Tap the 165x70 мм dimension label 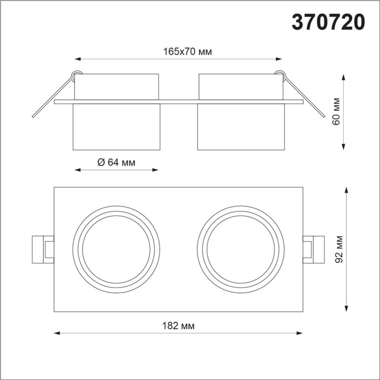tap(187, 52)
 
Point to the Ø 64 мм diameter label tap(116, 162)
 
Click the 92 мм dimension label tap(340, 249)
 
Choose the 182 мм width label tap(178, 326)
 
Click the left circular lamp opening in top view tap(116, 250)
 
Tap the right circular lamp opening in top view tap(241, 250)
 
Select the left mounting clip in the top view tap(43, 249)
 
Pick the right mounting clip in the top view tap(314, 249)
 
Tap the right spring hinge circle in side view tap(280, 74)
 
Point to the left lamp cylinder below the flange tap(116, 127)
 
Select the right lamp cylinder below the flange tap(241, 127)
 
